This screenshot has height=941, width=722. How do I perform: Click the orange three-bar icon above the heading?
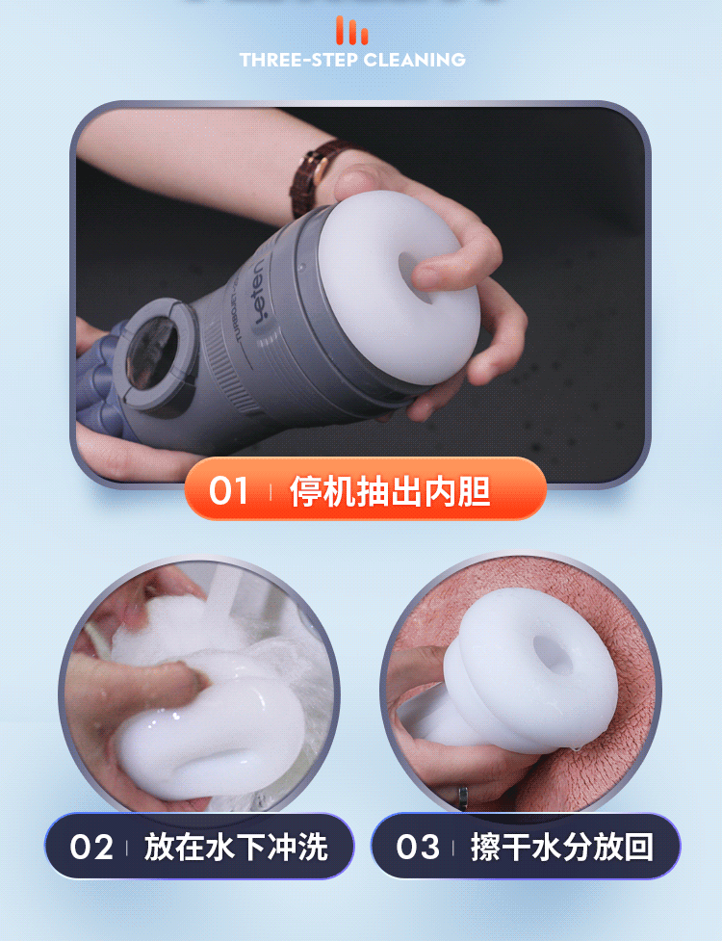tap(352, 31)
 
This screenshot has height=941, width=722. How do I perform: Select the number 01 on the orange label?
tap(229, 492)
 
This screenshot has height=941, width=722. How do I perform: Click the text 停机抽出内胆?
tap(390, 492)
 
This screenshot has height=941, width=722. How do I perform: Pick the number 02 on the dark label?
tap(92, 848)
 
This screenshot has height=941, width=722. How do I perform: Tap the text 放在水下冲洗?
tap(236, 848)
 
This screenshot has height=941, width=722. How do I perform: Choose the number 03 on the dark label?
tap(418, 848)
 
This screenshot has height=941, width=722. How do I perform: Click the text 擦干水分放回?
tap(562, 848)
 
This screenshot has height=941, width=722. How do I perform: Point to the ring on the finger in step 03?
tap(463, 796)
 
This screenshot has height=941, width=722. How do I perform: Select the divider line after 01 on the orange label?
tap(271, 492)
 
